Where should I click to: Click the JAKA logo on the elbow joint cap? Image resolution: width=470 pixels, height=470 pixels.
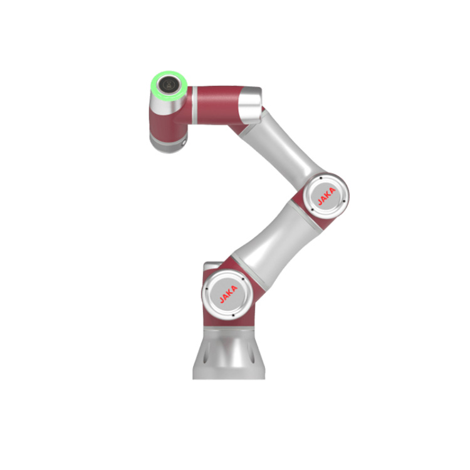point(326,196)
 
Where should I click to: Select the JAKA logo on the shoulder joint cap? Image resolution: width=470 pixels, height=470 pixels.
point(228,294)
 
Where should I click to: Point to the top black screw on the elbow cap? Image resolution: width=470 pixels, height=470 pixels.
point(321,178)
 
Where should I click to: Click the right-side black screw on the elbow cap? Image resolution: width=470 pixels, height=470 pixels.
point(344,201)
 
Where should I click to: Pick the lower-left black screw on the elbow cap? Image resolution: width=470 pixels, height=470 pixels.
point(313,209)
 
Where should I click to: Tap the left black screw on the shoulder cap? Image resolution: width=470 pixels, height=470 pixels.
point(206,289)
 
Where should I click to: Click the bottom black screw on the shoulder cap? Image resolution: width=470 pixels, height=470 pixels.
point(233,315)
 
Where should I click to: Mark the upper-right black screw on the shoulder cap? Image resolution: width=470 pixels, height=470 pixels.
point(243,279)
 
